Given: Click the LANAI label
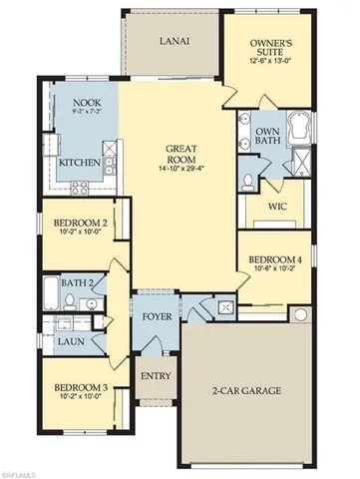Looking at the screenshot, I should (x=176, y=42).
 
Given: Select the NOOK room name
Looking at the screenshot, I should (x=84, y=103).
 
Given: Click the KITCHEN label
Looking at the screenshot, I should (x=79, y=162).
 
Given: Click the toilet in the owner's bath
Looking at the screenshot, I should (x=249, y=181).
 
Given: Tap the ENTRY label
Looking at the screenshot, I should (x=156, y=376).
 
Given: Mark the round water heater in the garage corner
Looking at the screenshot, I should (x=298, y=315).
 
